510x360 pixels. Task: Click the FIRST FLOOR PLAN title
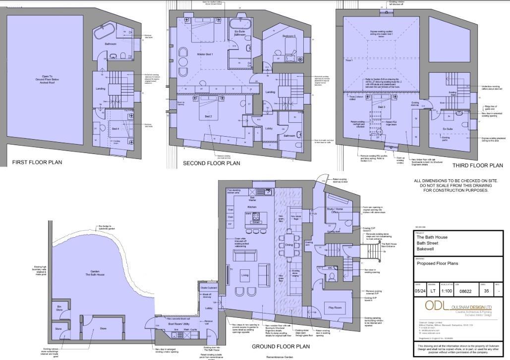(37, 162)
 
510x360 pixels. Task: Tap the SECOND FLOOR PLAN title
(211, 163)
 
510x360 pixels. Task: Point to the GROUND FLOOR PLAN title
(281, 347)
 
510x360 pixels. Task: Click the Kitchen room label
(252, 206)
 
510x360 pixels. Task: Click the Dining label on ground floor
(288, 245)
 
